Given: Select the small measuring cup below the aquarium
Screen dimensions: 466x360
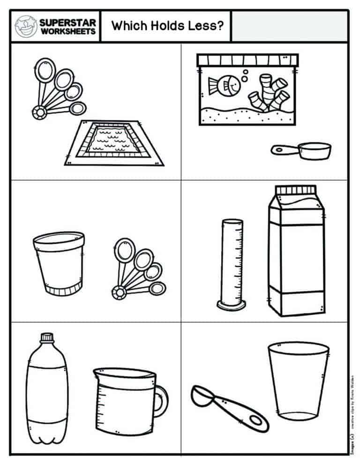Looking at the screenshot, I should click(x=302, y=150).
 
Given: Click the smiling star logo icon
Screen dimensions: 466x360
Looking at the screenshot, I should click(x=26, y=27).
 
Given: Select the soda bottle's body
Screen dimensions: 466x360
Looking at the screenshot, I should click(x=46, y=394).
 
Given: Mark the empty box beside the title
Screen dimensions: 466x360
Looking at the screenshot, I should click(x=290, y=26).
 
